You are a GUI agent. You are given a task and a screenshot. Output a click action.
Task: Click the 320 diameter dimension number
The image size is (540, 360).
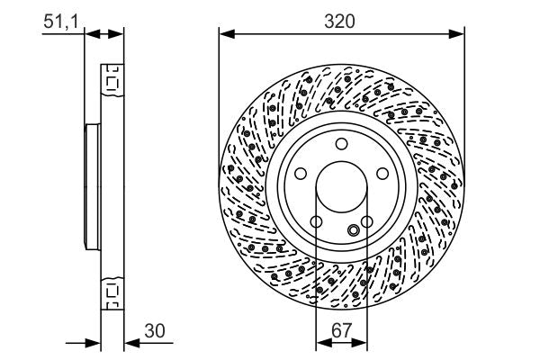[x=341, y=19]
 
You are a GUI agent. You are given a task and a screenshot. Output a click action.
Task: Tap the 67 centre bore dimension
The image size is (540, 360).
[x=341, y=330]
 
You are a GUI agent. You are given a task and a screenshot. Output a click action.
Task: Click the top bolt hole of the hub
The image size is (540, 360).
[x=341, y=145]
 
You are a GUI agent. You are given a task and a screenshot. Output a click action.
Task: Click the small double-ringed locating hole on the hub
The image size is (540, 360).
[x=354, y=230]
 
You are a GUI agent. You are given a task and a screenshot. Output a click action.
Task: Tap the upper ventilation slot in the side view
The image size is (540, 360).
[x=112, y=83]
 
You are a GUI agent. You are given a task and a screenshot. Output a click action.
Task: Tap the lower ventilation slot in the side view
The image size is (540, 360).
[x=112, y=291]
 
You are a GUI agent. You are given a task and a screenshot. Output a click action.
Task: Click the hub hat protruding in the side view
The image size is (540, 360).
[x=90, y=186]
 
